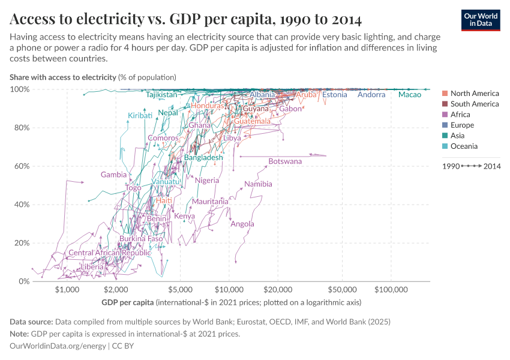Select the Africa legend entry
461,115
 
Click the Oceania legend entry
464,146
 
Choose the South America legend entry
474,104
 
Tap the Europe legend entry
462,125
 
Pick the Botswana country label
285,161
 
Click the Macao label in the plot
410,95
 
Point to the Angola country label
242,224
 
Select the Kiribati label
140,116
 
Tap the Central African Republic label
110,253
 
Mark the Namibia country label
258,184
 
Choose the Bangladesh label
208,158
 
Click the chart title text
185,20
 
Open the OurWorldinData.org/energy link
58,346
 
